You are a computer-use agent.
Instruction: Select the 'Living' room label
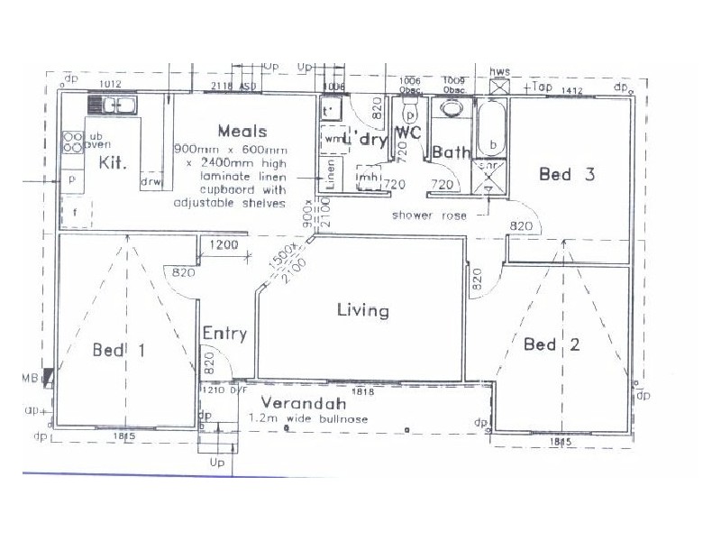pyautogui.click(x=362, y=311)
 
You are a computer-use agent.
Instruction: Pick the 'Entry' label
pyautogui.click(x=224, y=334)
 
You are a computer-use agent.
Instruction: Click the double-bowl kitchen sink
pyautogui.click(x=118, y=105)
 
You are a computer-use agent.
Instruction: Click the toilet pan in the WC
pyautogui.click(x=410, y=114)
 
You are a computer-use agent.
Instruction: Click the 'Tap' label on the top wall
pyautogui.click(x=542, y=87)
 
